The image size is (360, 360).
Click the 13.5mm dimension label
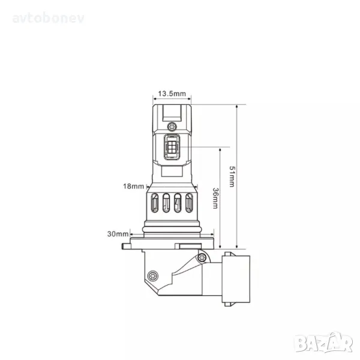(172, 94)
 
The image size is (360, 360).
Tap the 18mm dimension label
(133, 186)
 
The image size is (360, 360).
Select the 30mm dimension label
(118, 234)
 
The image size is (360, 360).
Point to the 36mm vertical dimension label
(215, 198)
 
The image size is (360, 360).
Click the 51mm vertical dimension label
(232, 176)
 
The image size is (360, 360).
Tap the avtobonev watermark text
(49, 18)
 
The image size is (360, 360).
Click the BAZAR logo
(324, 343)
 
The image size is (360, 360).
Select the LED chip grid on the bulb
(172, 147)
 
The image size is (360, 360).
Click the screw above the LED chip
(172, 127)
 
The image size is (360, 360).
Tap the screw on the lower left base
(153, 275)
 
